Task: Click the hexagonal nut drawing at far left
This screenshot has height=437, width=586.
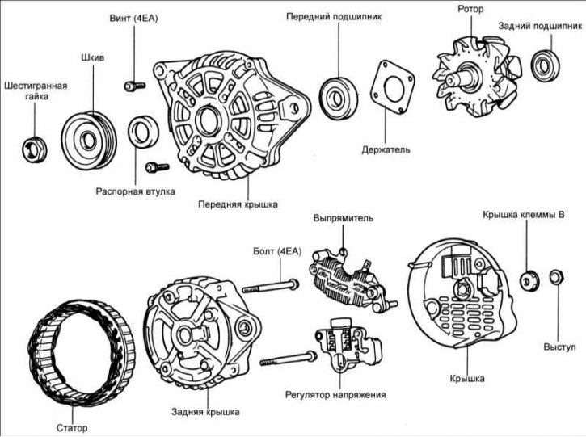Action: click(x=35, y=148)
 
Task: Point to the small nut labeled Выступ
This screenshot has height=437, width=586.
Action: click(x=557, y=279)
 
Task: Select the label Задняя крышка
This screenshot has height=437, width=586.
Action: click(x=206, y=412)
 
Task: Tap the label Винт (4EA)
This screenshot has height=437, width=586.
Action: click(x=134, y=18)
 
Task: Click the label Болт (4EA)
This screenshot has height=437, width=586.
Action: click(x=276, y=252)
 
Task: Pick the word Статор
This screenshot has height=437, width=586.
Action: click(x=73, y=428)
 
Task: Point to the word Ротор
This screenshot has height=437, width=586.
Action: click(x=470, y=10)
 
